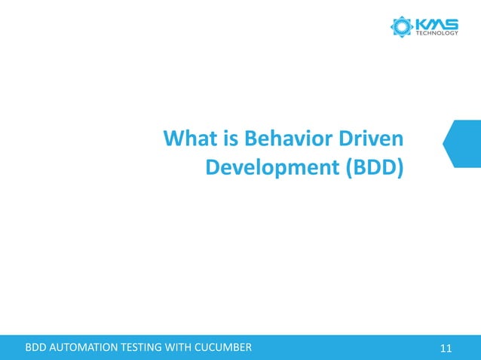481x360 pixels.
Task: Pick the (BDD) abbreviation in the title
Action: [x=374, y=168]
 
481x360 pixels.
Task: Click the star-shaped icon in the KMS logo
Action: [x=401, y=26]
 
